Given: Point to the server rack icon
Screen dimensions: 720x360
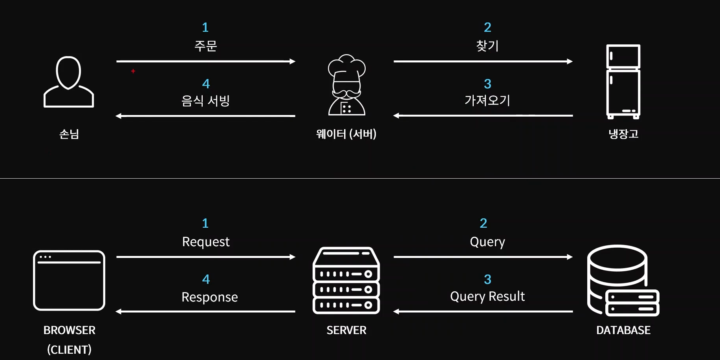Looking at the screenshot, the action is [x=346, y=280].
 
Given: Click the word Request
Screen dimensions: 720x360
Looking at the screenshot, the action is [x=206, y=242].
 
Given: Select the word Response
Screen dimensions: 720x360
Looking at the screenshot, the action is [x=210, y=297].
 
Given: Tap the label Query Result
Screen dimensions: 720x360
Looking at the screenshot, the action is [x=487, y=296].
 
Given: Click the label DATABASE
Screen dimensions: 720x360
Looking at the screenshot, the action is [x=623, y=330].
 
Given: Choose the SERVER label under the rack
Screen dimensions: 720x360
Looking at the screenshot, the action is [x=346, y=330].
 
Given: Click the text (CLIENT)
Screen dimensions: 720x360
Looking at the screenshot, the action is [x=69, y=349].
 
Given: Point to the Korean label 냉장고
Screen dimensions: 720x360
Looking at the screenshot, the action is [x=623, y=134].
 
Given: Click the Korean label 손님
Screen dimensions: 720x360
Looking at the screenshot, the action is [x=69, y=134].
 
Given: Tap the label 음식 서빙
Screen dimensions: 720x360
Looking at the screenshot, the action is [x=205, y=101].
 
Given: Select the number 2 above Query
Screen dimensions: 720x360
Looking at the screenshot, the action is [x=484, y=223].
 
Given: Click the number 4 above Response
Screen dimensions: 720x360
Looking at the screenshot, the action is [x=206, y=279].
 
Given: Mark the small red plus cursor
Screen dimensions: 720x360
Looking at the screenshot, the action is [x=133, y=71].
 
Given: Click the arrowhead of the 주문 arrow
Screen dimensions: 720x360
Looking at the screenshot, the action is [x=293, y=61].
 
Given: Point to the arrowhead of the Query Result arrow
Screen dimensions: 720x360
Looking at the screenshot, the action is [x=396, y=311].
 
